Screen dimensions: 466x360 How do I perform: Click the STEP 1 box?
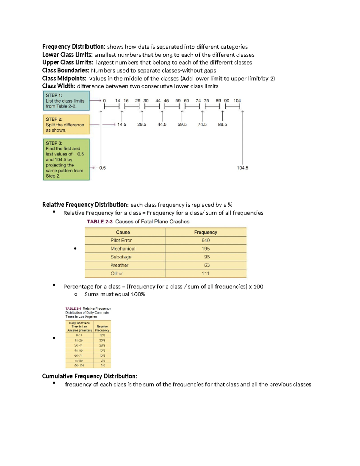click(66, 101)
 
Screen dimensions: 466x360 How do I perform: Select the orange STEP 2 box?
click(66, 125)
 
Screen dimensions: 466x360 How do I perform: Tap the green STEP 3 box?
click(66, 159)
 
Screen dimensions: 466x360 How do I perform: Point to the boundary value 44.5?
click(162, 125)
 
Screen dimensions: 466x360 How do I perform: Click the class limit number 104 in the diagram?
click(237, 101)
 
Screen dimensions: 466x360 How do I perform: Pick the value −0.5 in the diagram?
click(101, 168)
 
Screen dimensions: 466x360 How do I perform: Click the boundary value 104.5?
click(242, 168)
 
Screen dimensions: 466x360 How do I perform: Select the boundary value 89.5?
click(222, 125)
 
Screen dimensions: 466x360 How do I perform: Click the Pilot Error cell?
click(121, 240)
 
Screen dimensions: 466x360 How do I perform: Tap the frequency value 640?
click(205, 240)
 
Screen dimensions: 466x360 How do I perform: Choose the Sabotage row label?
click(121, 257)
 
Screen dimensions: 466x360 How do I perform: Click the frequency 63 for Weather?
click(207, 265)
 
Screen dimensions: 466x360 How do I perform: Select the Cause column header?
click(123, 232)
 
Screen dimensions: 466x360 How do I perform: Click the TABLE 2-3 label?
click(100, 222)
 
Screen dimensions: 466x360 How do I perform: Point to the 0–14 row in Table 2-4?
click(79, 335)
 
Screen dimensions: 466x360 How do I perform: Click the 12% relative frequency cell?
click(102, 335)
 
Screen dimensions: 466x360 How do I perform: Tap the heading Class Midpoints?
click(64, 79)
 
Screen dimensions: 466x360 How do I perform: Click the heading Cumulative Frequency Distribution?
click(89, 376)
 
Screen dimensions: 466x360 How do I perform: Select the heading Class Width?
click(59, 86)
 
